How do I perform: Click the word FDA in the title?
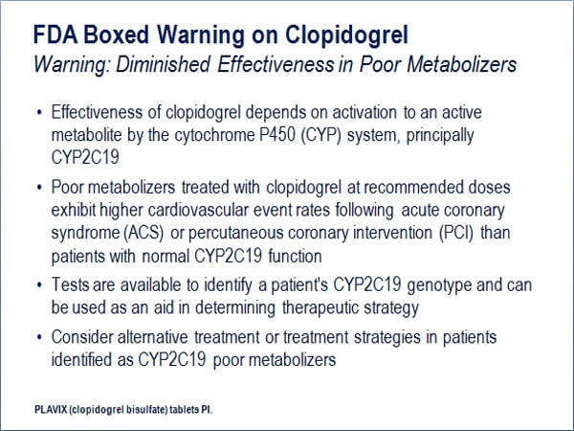tap(55, 34)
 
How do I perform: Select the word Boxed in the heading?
tap(117, 34)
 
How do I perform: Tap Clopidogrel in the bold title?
tap(346, 35)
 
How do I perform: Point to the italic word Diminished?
tap(164, 64)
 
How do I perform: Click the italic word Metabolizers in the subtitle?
tap(462, 64)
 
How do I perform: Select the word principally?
tap(440, 136)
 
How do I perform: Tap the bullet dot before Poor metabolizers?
tap(39, 188)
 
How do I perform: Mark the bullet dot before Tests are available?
tap(39, 285)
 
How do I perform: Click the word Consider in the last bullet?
tap(82, 337)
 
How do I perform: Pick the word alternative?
tap(153, 337)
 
